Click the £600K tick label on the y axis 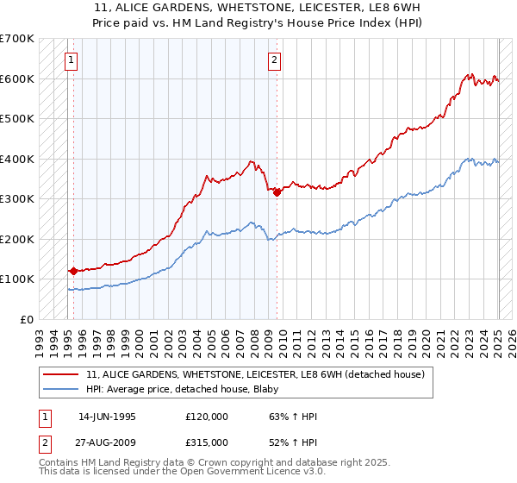[x=17, y=78]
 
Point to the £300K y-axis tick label [x=17, y=198]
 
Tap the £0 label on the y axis [x=28, y=319]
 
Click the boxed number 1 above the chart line [x=70, y=60]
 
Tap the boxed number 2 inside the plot [x=274, y=60]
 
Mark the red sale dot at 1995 [x=73, y=271]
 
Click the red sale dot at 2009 [x=277, y=192]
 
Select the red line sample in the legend [x=61, y=375]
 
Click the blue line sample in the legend [x=61, y=390]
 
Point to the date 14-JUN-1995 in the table [x=107, y=416]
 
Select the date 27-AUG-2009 [x=107, y=442]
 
